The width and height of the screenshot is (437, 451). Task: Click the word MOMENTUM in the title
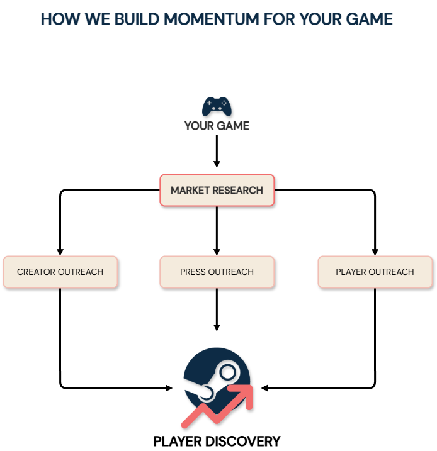point(204,19)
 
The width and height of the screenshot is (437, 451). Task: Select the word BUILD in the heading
point(131,19)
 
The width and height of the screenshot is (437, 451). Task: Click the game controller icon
point(217,106)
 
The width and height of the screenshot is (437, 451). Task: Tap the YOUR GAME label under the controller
point(217,126)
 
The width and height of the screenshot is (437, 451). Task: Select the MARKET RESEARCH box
point(217,190)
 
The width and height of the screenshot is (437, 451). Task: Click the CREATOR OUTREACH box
point(60,272)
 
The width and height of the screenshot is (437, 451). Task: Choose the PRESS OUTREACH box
point(217,272)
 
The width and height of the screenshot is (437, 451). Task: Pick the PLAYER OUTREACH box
point(375,272)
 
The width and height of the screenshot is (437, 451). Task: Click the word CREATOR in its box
point(36,272)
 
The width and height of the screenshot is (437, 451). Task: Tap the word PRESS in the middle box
point(193,272)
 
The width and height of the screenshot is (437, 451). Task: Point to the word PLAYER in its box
point(350,272)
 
